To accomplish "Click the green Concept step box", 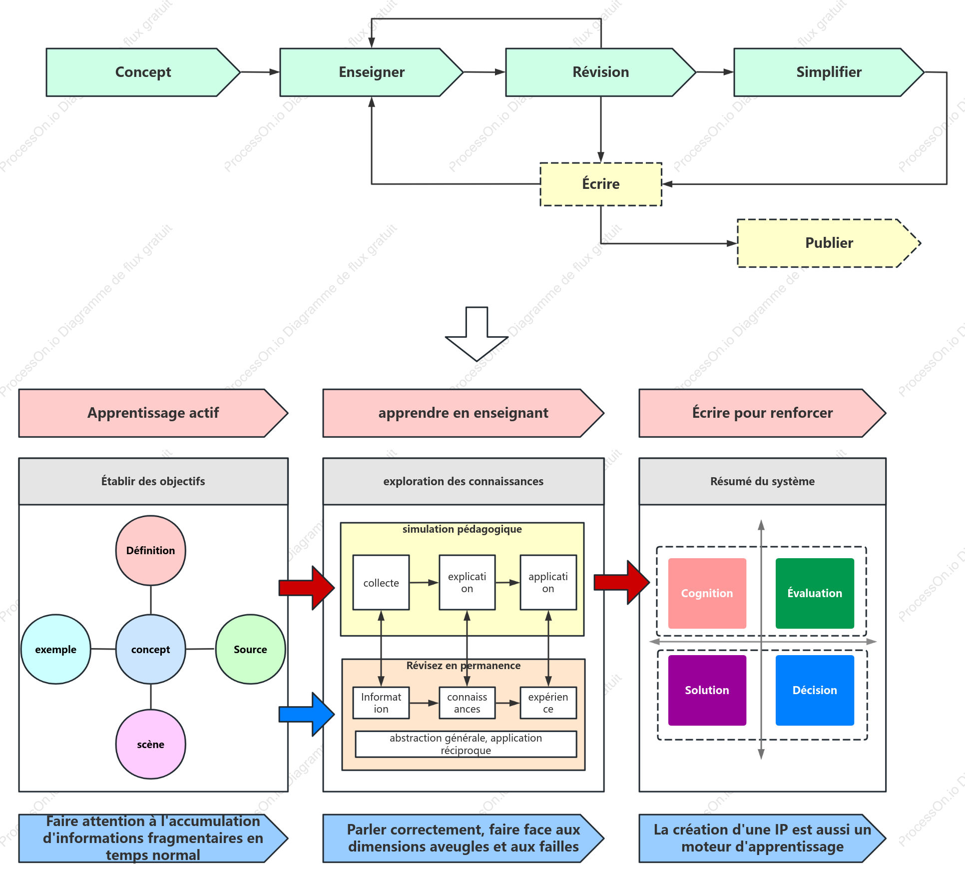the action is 143,72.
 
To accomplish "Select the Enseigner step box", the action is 372,72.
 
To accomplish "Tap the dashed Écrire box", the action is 601,184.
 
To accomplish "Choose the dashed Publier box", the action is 829,243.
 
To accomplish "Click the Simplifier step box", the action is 829,72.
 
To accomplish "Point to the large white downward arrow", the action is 477,334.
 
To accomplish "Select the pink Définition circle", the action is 151,550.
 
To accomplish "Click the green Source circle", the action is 251,649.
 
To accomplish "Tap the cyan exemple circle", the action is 56,649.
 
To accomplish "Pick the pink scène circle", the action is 151,744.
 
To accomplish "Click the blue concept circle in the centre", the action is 151,649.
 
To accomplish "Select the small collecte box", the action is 381,582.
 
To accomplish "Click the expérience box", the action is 548,703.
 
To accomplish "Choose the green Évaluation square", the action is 815,593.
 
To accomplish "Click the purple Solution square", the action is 707,690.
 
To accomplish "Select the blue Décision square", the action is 815,690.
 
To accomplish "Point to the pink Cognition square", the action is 707,593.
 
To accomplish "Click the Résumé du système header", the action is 763,481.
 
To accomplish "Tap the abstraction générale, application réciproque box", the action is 466,744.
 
